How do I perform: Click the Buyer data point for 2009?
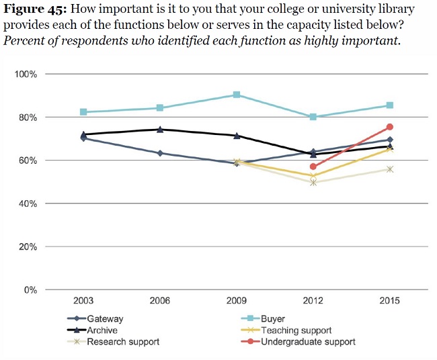pos(237,95)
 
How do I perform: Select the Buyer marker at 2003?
pos(83,112)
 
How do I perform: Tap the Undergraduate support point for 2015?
pos(390,126)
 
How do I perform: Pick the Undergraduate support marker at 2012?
pos(313,167)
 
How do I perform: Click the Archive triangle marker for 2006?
pos(160,130)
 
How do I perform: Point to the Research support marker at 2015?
pos(390,169)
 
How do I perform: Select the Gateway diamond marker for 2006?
pos(160,153)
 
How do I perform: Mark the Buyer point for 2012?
pos(313,117)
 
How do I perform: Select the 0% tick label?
pos(30,290)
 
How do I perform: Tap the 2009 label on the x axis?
pos(237,301)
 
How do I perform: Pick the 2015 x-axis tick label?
pos(390,301)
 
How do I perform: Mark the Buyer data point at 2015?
pos(390,105)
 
